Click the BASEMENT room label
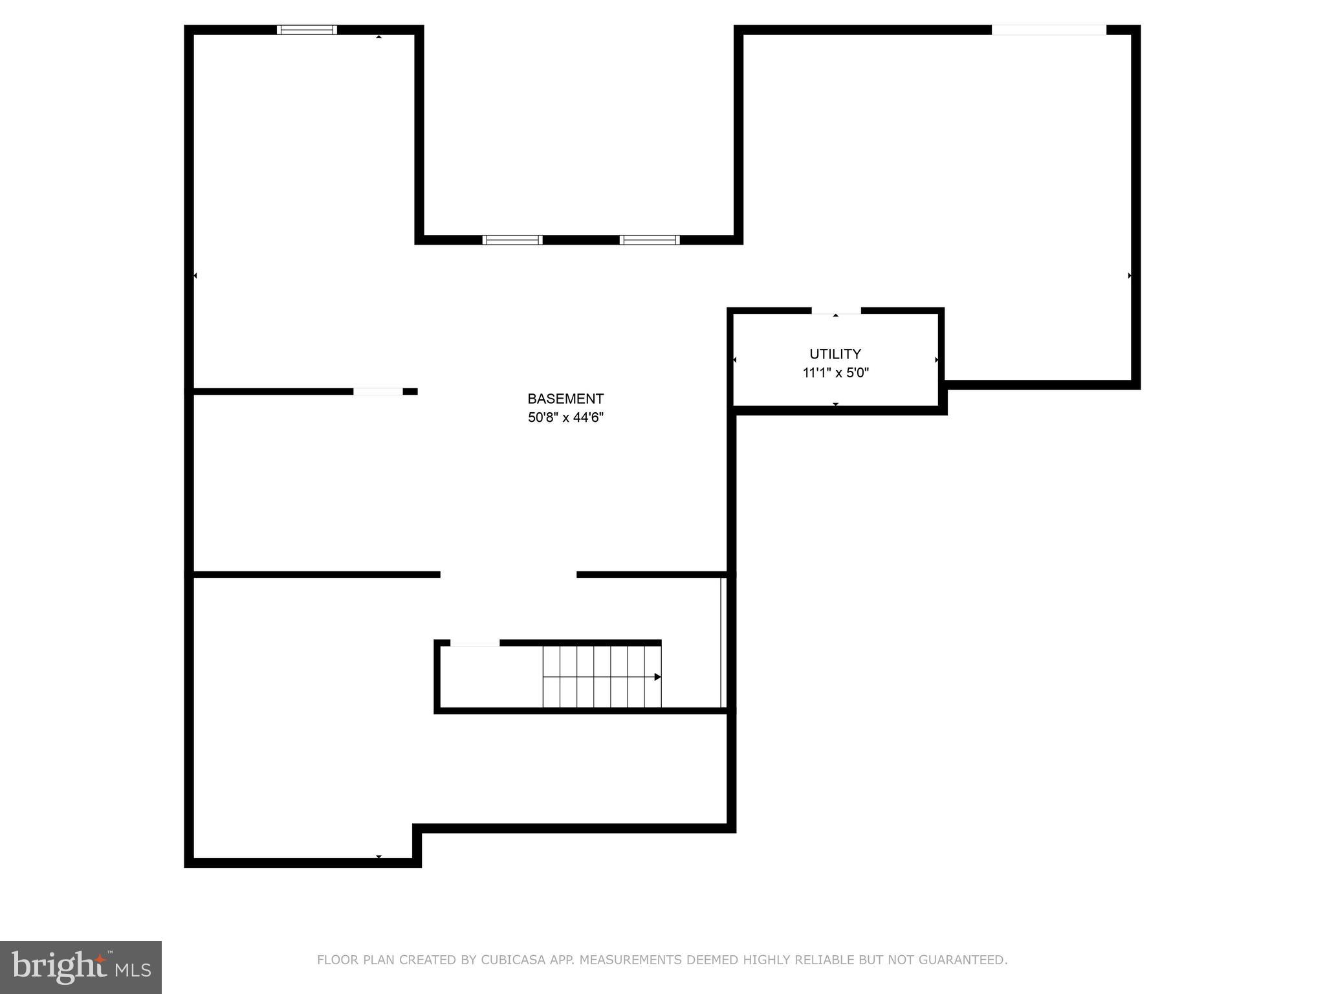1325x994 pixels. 565,399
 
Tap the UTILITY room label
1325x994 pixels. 835,354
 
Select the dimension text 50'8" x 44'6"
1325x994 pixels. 565,417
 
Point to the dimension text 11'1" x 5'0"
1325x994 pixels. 835,373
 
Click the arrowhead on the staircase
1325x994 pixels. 657,677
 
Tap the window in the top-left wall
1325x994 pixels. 307,30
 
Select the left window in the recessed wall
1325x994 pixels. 512,240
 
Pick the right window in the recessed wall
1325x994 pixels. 650,240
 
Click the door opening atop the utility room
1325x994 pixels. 836,311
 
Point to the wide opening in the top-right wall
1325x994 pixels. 1049,30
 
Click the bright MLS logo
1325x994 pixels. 81,967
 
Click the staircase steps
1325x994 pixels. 602,677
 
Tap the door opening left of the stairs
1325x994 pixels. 475,643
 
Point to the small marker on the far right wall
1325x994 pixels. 1130,276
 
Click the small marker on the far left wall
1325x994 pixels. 195,276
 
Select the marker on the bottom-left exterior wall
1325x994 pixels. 379,857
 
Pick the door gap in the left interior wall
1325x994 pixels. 378,392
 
